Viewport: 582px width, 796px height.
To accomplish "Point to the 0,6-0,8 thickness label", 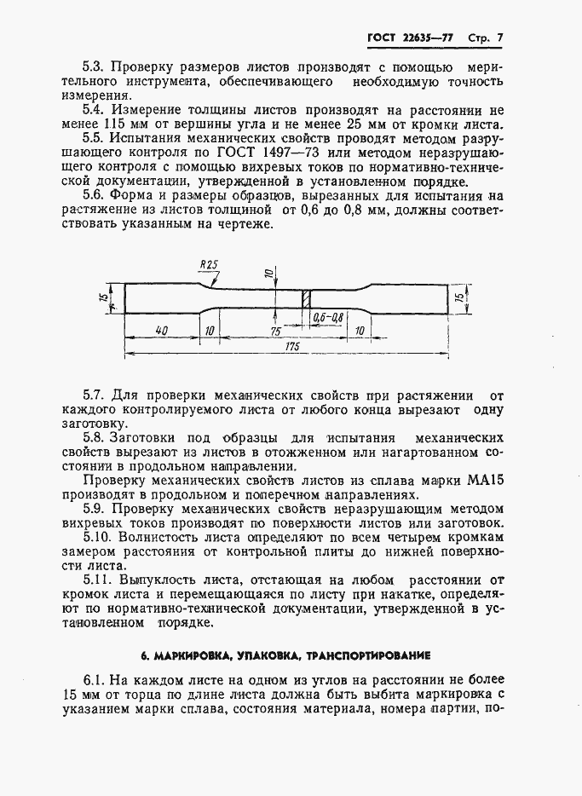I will pyautogui.click(x=328, y=317).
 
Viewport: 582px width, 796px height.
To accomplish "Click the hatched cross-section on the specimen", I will pyautogui.click(x=303, y=298).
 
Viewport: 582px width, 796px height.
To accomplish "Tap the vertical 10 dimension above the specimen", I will pyautogui.click(x=268, y=274).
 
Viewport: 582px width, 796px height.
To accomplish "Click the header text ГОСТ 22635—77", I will pyautogui.click(x=410, y=38).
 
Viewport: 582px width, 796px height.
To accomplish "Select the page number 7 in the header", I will pyautogui.click(x=499, y=38).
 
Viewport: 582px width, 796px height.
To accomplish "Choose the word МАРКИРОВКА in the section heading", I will pyautogui.click(x=187, y=656).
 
